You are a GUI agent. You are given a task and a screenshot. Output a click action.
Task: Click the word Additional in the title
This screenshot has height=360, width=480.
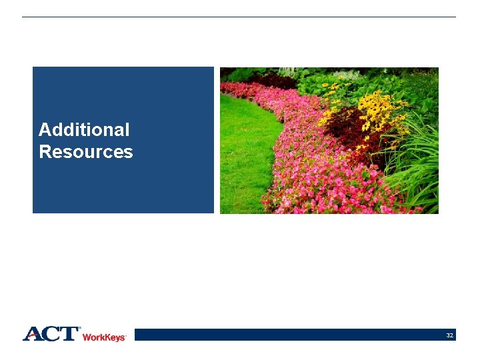point(84,129)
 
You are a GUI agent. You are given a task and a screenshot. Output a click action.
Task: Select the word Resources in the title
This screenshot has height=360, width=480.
point(86,152)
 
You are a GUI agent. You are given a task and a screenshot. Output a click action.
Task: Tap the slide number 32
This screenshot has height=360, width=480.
point(450,335)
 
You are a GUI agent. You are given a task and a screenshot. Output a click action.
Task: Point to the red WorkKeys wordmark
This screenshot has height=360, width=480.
point(104,338)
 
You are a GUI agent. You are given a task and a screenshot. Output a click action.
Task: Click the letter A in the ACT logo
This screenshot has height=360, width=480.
point(33,334)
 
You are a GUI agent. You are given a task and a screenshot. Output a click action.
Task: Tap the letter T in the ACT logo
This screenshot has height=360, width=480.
point(69,334)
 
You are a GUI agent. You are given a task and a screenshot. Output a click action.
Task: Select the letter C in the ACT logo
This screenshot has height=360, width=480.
point(52,334)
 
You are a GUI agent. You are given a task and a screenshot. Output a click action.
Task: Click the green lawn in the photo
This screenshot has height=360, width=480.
point(243,153)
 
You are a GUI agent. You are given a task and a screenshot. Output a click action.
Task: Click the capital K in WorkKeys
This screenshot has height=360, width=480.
point(105,338)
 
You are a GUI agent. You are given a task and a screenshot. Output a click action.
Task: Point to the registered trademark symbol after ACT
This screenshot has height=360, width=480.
point(80,329)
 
